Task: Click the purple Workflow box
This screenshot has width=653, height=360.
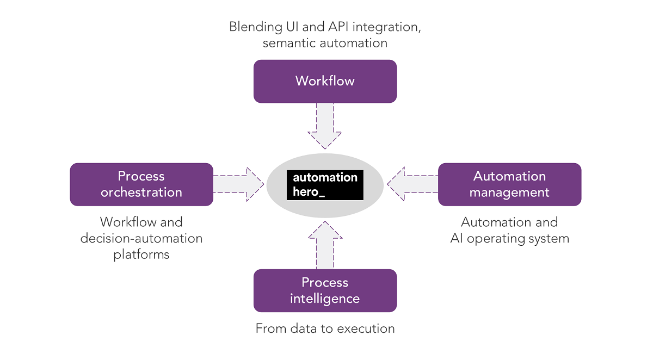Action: (325, 81)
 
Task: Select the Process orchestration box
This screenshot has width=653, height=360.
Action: (141, 184)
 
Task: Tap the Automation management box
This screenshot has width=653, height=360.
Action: (509, 184)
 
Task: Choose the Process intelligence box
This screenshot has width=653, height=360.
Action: (325, 290)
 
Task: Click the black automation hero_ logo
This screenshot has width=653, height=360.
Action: (325, 185)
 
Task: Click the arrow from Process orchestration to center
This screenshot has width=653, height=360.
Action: (238, 184)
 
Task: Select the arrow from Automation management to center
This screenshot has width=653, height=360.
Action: (412, 184)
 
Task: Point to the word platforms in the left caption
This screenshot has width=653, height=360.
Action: (141, 255)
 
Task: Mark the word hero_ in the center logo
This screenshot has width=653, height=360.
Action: (309, 192)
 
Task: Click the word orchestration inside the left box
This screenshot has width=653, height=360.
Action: (141, 192)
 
